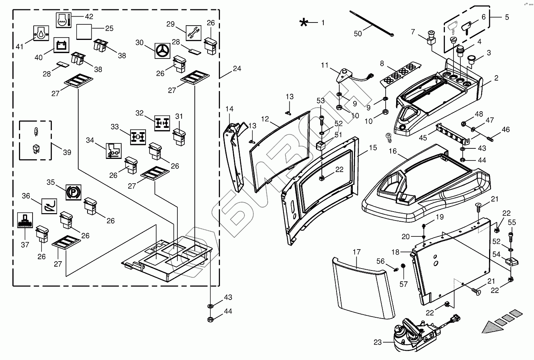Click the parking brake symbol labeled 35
point(74,192)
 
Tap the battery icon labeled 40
point(62,45)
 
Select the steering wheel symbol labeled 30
point(162,51)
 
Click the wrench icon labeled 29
point(194,33)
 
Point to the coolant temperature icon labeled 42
point(64,20)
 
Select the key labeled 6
point(466,28)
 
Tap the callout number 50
point(357,34)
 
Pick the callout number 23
point(378,342)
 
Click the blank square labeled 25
point(84,32)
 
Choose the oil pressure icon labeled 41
point(41,33)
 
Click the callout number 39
point(67,152)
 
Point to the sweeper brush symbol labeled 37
point(25,220)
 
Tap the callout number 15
point(373,148)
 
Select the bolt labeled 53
point(321,121)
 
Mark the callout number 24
point(237,69)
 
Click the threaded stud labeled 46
point(489,138)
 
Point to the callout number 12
point(265,119)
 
